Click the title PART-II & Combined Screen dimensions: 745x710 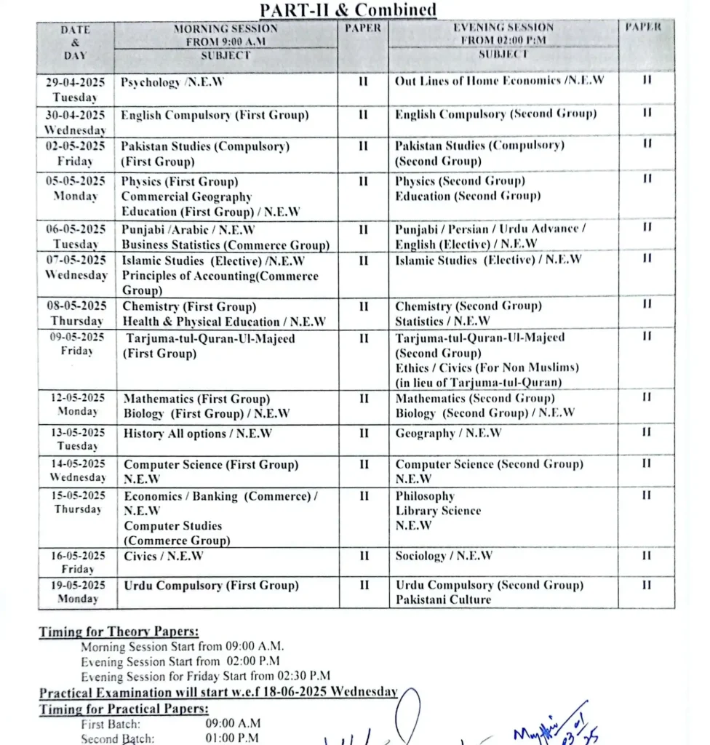click(x=348, y=9)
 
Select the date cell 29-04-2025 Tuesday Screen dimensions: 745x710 click(x=76, y=89)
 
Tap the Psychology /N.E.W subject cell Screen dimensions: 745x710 click(x=172, y=82)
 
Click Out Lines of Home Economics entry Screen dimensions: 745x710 click(x=499, y=81)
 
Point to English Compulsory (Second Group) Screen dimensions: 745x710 click(x=495, y=114)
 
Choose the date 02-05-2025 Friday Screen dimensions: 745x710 click(x=76, y=154)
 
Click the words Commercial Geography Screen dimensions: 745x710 click(x=186, y=196)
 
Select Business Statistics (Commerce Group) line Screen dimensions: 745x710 click(x=225, y=244)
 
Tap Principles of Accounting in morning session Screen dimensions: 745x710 click(x=220, y=276)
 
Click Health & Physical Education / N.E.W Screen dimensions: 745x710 click(x=223, y=322)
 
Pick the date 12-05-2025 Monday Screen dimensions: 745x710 click(x=77, y=405)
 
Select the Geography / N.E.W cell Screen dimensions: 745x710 click(x=447, y=434)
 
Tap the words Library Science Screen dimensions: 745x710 click(x=438, y=511)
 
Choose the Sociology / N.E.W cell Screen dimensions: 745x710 click(x=444, y=556)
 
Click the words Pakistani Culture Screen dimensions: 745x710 click(x=443, y=600)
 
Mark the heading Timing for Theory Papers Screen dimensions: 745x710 click(x=119, y=632)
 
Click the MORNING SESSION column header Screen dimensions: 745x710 click(x=226, y=29)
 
